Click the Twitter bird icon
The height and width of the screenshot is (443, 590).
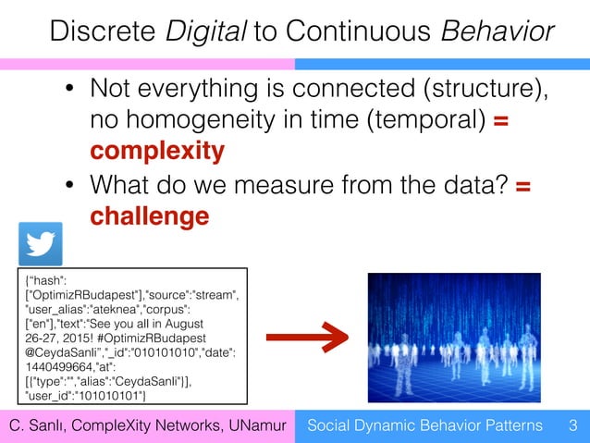click(x=41, y=244)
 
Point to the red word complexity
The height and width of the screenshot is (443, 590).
click(x=156, y=150)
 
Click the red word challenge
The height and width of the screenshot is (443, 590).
click(x=149, y=215)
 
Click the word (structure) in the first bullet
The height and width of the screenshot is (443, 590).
click(x=481, y=90)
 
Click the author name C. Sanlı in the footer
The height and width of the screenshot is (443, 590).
click(x=41, y=425)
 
